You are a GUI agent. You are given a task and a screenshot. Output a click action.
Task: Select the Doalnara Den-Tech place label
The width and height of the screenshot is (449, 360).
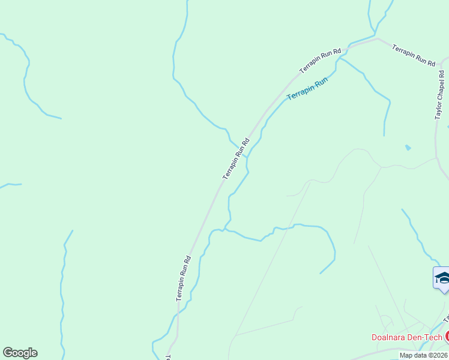[x=406, y=337]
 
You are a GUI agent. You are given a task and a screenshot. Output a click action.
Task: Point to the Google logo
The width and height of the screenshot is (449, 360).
[x=20, y=353]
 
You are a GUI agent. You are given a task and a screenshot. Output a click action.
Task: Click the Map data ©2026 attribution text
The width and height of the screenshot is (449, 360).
[x=423, y=355]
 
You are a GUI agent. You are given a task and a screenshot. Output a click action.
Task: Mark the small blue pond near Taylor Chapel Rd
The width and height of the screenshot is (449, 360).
[x=408, y=147]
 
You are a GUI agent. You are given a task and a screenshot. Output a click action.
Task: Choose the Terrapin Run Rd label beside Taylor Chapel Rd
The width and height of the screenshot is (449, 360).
[x=414, y=54]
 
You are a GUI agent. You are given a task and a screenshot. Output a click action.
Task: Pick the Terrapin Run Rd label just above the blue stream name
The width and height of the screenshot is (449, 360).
[x=320, y=61]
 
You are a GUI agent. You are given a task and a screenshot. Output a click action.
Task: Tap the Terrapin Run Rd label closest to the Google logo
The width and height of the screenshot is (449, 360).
[x=184, y=278]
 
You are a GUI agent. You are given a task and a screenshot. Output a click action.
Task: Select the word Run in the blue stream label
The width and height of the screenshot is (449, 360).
[x=322, y=81]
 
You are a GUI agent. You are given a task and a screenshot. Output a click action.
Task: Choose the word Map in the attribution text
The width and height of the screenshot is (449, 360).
[x=406, y=355]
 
